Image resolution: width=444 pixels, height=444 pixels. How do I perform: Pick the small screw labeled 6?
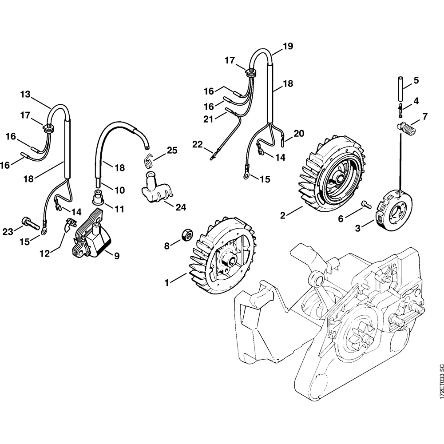click(x=366, y=204)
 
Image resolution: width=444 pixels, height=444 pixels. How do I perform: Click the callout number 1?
click(x=167, y=282)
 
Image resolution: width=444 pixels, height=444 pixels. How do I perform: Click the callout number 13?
click(x=25, y=94)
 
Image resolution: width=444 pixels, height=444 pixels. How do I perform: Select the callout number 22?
click(x=197, y=144)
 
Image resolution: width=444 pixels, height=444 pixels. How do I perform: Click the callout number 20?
click(x=299, y=133)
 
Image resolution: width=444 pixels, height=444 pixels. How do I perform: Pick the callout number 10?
click(x=119, y=190)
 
